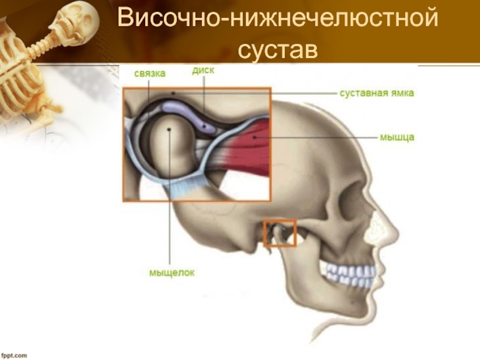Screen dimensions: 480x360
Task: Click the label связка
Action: tap(149, 73)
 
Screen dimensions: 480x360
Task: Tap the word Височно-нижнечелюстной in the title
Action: tap(277, 19)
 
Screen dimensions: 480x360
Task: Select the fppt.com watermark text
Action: tap(14, 355)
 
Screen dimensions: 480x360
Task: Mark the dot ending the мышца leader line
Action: tap(254, 137)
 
